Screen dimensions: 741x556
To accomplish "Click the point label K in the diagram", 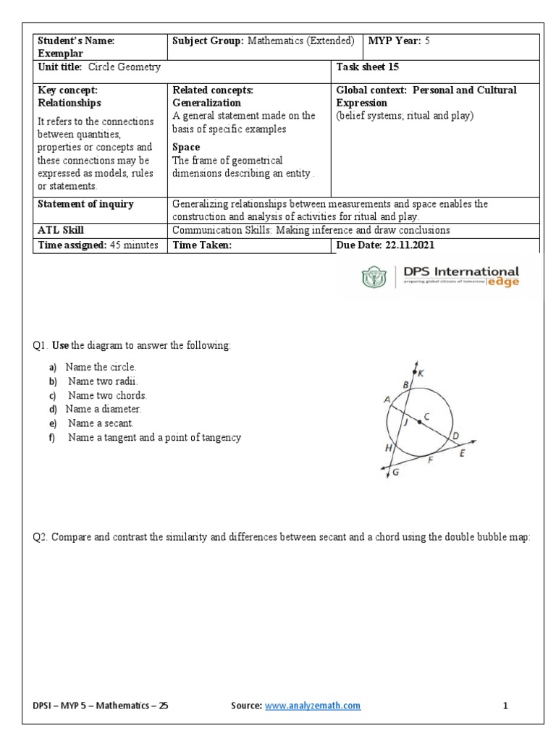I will coord(421,373).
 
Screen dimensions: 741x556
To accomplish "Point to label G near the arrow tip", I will coord(396,472).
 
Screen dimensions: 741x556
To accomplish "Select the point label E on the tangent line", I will coord(462,454).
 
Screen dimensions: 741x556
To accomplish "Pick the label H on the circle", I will coord(388,448).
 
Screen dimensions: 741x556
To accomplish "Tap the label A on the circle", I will coord(388,399).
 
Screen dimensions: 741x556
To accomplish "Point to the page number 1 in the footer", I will coord(506,705).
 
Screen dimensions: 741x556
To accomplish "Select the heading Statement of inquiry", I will coord(85,204).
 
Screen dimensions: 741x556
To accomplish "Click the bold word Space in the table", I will coord(186,147).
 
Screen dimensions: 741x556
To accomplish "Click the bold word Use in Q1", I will coord(61,346).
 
